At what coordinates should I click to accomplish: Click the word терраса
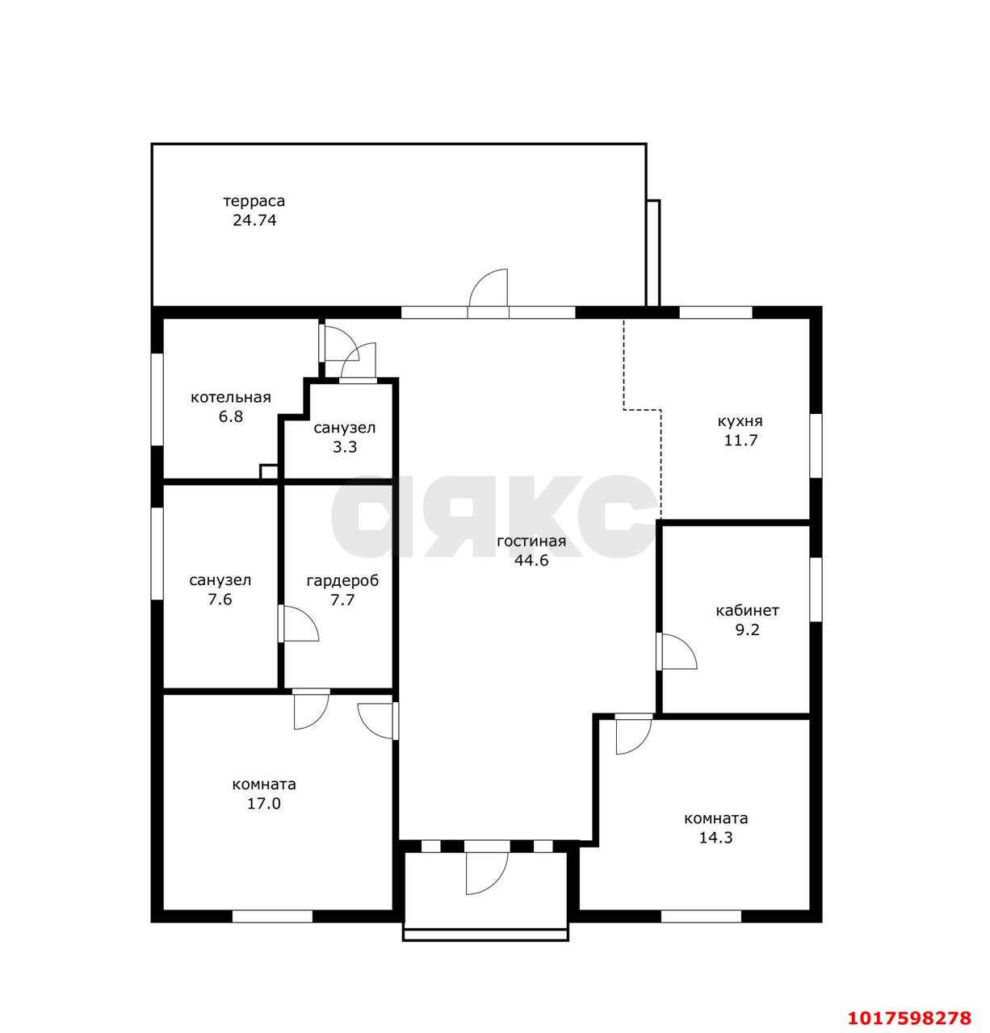point(254,201)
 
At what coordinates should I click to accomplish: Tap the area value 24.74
point(254,220)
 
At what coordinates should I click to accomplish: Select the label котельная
point(230,397)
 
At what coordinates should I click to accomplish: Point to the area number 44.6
point(531,561)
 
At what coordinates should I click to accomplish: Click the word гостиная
point(531,542)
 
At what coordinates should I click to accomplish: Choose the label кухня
point(740,421)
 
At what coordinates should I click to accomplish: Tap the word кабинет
point(747,610)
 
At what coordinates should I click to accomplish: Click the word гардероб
point(342,581)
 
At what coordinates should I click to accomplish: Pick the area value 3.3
point(345,447)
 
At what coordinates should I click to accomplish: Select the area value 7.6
point(220,600)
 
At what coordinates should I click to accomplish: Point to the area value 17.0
point(263,804)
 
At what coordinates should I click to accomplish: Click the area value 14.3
point(716,838)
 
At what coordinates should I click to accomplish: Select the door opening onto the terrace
point(488,292)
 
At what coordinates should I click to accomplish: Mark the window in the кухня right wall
point(816,446)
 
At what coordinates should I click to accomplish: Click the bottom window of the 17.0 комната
point(272,916)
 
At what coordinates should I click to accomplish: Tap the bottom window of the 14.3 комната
point(701,916)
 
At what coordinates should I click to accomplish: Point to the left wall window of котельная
point(157,399)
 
